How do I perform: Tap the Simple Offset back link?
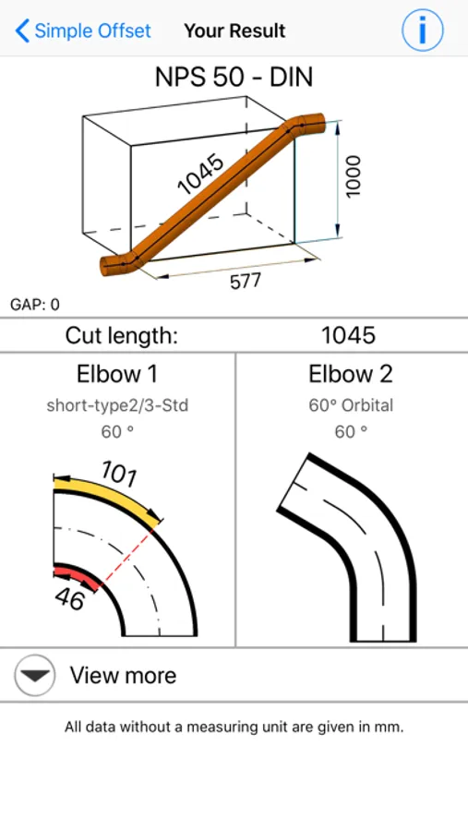tap(83, 30)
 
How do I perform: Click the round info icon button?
tap(423, 30)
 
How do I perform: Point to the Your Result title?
tap(234, 30)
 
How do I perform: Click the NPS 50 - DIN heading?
tap(234, 78)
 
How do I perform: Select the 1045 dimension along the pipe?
tap(201, 174)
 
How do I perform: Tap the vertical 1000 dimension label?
tap(353, 176)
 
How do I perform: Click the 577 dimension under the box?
tap(246, 281)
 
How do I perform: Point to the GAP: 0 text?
tap(35, 305)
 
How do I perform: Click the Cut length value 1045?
tap(348, 335)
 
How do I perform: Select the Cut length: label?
tap(121, 335)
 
